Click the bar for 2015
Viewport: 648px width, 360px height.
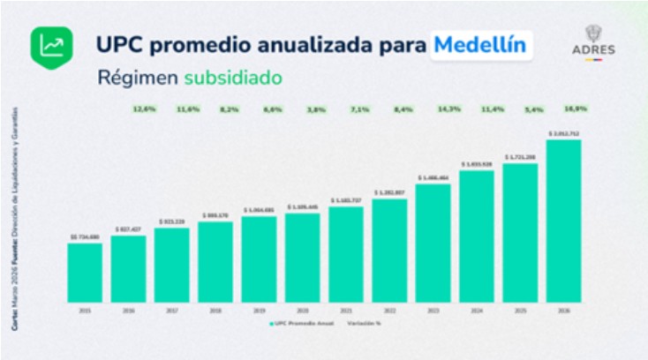point(85,271)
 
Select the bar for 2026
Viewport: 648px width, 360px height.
point(563,220)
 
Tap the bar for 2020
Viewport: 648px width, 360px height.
point(303,256)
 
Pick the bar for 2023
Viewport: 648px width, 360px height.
point(433,241)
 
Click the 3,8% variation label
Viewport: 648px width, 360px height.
point(317,109)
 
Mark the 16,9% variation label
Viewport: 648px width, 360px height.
point(576,109)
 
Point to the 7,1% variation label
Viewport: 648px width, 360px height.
point(359,109)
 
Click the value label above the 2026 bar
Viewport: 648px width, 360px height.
point(563,134)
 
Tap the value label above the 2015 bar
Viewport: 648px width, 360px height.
point(85,237)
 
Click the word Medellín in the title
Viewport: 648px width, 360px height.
point(481,43)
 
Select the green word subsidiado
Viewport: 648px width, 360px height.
point(233,78)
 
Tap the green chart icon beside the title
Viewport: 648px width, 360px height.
point(52,44)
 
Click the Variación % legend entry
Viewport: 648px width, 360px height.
point(364,324)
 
